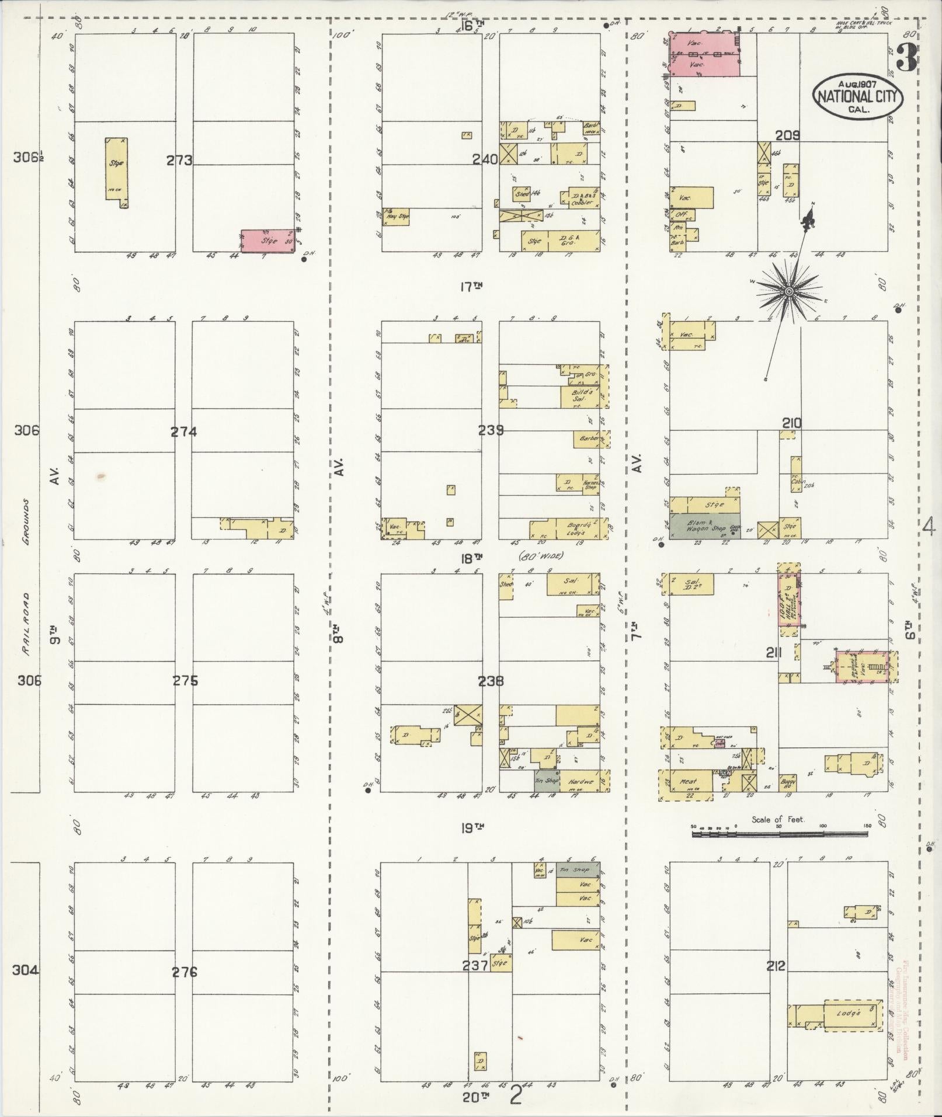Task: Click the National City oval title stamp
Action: (x=857, y=97)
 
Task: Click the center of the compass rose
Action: (x=788, y=291)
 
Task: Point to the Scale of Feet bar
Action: (x=779, y=834)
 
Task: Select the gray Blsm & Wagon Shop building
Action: (x=705, y=526)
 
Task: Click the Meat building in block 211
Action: (x=689, y=782)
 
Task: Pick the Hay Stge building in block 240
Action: (x=396, y=217)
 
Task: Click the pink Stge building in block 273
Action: (x=268, y=241)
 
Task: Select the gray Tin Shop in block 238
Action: (x=546, y=780)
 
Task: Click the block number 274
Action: (x=183, y=432)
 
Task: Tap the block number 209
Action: (x=787, y=135)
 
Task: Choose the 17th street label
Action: (x=473, y=286)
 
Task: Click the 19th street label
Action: (x=472, y=827)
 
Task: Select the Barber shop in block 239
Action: (x=586, y=439)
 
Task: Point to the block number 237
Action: (x=475, y=966)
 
